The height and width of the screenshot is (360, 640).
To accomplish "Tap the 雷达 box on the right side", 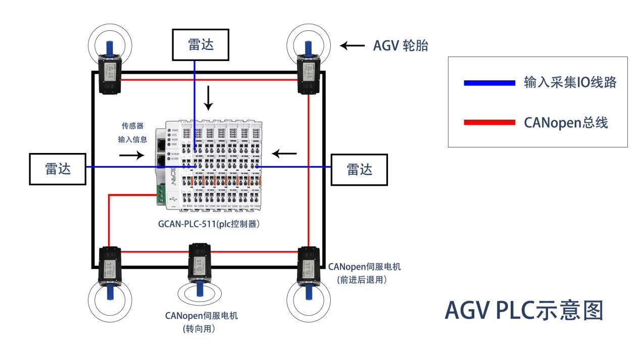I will click(359, 170).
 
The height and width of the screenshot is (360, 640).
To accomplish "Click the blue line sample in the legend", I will click(489, 83).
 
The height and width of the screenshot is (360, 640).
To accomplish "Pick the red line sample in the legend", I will click(489, 123).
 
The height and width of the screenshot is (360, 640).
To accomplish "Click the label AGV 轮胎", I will click(401, 46).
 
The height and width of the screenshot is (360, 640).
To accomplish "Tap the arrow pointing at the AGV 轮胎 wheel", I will click(352, 46).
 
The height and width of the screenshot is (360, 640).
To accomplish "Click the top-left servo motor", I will click(110, 74).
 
